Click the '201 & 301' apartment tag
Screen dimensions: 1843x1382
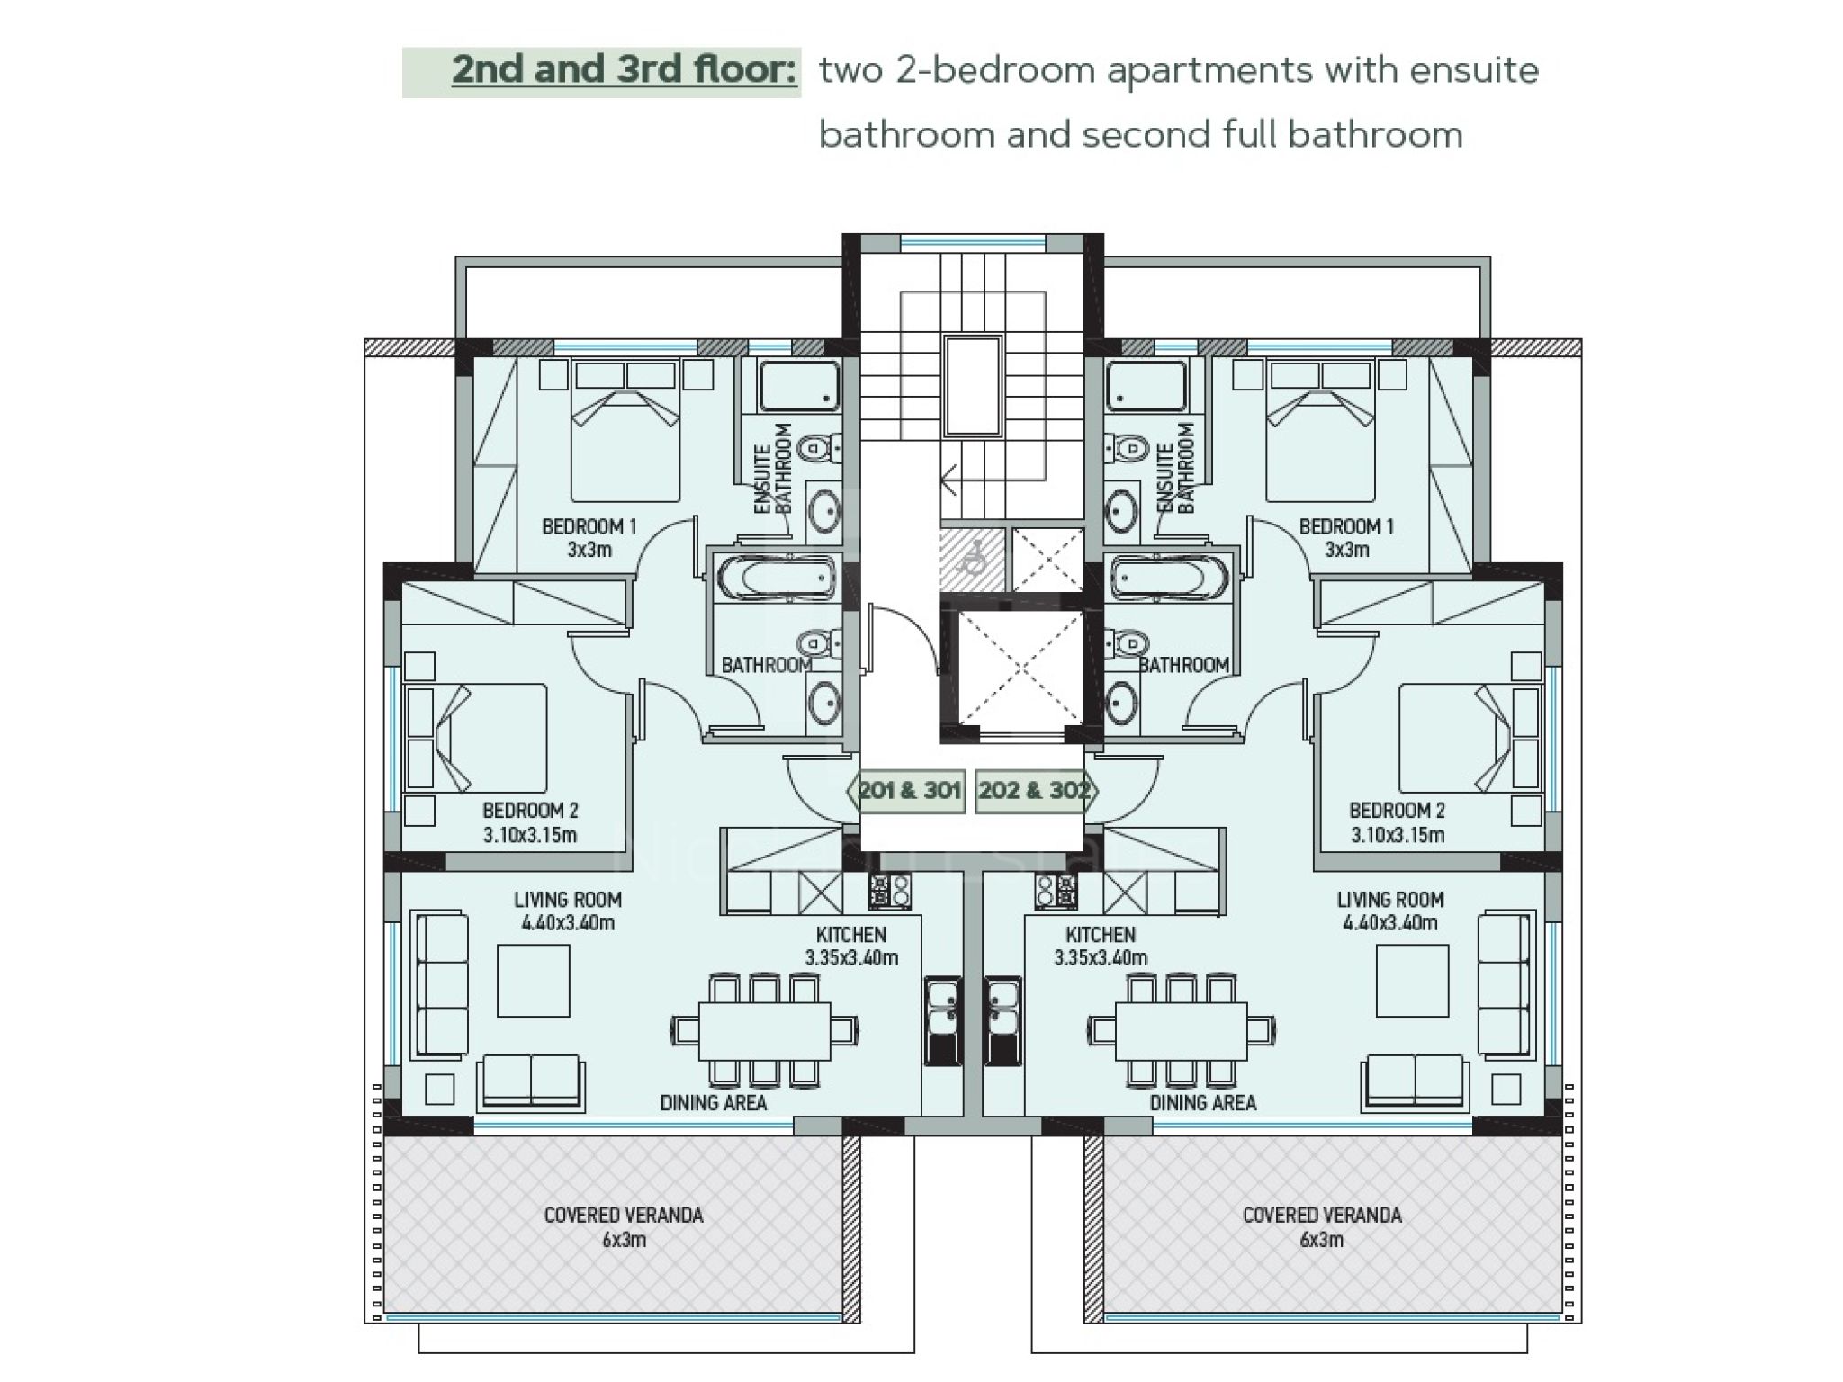907,791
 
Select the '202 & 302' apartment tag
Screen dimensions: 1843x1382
1036,791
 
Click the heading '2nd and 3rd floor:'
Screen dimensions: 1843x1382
625,70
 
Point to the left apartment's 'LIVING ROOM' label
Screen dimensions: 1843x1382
568,900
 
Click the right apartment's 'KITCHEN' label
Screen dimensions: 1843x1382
1100,935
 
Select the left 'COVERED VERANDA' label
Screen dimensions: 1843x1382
623,1216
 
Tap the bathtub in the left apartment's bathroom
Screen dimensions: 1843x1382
775,578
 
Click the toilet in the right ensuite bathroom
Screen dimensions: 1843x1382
1126,447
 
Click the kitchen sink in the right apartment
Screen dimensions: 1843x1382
1002,1021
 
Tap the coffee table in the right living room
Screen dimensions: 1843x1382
1412,981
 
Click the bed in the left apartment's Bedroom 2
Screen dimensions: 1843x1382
476,738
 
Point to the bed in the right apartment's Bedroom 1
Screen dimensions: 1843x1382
1320,432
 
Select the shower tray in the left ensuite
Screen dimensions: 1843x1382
799,386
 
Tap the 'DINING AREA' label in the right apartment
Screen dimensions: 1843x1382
1202,1103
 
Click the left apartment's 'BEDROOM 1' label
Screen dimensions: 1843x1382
589,527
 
